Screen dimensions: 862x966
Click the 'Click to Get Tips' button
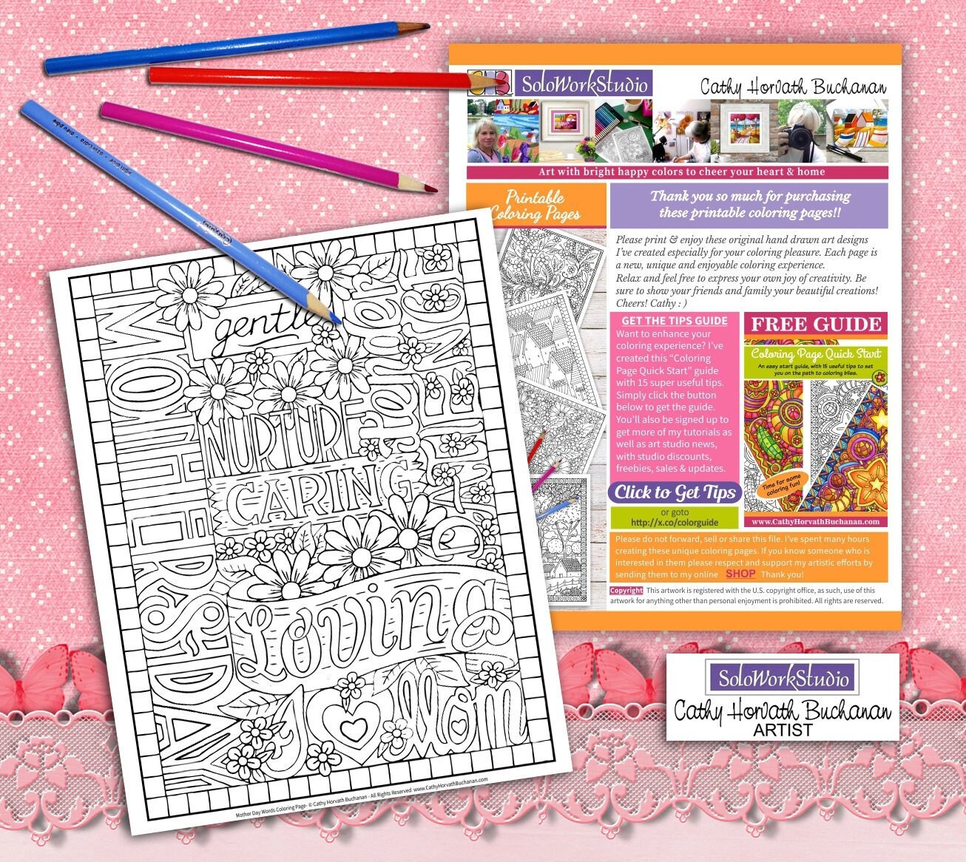pyautogui.click(x=675, y=492)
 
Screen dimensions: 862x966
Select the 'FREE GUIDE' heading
pyautogui.click(x=816, y=324)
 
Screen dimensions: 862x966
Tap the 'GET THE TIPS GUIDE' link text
pyautogui.click(x=674, y=321)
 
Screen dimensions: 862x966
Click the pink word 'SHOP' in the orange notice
pyautogui.click(x=740, y=574)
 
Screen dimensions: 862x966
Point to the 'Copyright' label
pyautogui.click(x=626, y=591)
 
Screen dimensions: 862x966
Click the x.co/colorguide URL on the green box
pyautogui.click(x=674, y=522)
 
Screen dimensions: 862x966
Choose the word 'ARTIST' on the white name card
pyautogui.click(x=783, y=730)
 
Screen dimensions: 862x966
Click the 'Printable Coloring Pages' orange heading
pyautogui.click(x=535, y=206)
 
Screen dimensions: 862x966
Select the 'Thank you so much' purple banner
pyautogui.click(x=749, y=205)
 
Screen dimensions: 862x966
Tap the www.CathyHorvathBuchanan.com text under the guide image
pyautogui.click(x=816, y=521)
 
